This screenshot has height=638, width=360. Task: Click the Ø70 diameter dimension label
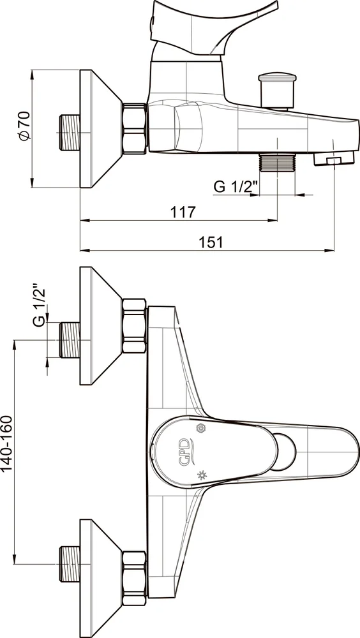click(x=24, y=126)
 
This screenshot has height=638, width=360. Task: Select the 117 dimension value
click(x=183, y=212)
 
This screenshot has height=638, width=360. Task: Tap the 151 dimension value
click(x=211, y=242)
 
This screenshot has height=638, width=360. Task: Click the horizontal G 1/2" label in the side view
click(x=236, y=186)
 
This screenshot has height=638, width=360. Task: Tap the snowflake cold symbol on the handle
click(x=201, y=428)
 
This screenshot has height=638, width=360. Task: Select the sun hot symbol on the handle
click(x=201, y=475)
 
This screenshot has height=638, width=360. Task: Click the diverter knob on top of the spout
click(x=277, y=91)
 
